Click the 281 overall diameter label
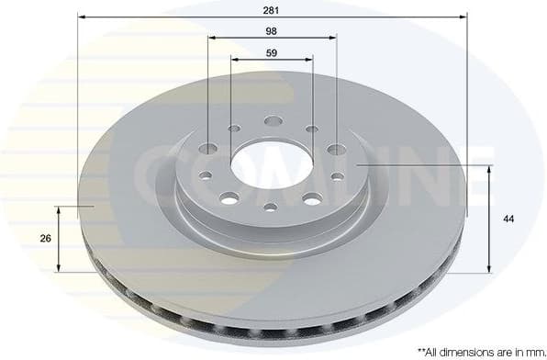click(x=272, y=10)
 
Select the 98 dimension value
click(x=272, y=30)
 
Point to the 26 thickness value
click(x=45, y=239)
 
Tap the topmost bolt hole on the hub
click(x=272, y=120)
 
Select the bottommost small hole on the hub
click(x=270, y=207)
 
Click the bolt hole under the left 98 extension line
click(x=208, y=148)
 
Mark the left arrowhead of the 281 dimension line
click(x=81, y=17)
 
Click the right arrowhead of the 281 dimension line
click(x=463, y=17)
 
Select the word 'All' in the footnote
click(x=435, y=350)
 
